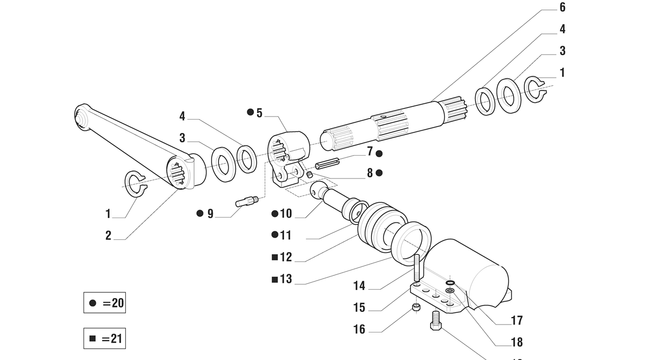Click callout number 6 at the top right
[562, 7]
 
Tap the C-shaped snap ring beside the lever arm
[134, 185]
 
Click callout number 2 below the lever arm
[108, 236]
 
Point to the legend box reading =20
[104, 303]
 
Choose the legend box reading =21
[104, 338]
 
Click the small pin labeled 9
[247, 201]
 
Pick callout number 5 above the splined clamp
[259, 113]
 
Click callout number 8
[370, 173]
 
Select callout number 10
[286, 214]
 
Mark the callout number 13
[286, 279]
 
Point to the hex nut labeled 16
[416, 308]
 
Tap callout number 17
[517, 320]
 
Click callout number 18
[517, 342]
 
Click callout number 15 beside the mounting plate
[359, 308]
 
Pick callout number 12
[286, 257]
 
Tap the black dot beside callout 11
[275, 235]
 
